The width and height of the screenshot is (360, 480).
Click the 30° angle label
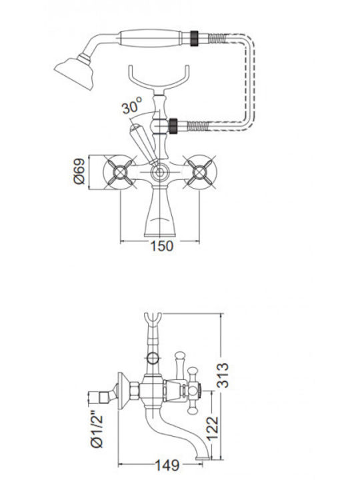coord(132,105)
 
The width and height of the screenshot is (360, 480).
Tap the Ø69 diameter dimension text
coord(79,171)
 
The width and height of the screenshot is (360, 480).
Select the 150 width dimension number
coord(162,246)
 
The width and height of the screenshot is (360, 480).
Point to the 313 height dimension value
coord(223,375)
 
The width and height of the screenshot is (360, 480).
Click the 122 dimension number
coord(213,429)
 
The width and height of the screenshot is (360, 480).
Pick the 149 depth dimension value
coord(167,465)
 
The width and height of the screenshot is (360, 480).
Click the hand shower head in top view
coord(75,71)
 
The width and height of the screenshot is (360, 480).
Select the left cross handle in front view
coord(119,173)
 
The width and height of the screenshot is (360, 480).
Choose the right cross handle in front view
coord(201,173)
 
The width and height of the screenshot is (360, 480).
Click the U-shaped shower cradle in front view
coord(159,80)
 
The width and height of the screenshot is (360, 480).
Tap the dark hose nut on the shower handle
coord(194,38)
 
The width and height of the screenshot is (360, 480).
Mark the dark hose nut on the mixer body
coord(173,125)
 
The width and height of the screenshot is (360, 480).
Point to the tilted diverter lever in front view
coord(143,143)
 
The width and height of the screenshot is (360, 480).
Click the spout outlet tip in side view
coord(203,458)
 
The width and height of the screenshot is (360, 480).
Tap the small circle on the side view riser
coord(153,358)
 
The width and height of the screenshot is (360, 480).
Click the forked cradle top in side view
coord(153,320)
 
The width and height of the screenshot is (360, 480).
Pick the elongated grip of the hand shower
coord(150,38)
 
